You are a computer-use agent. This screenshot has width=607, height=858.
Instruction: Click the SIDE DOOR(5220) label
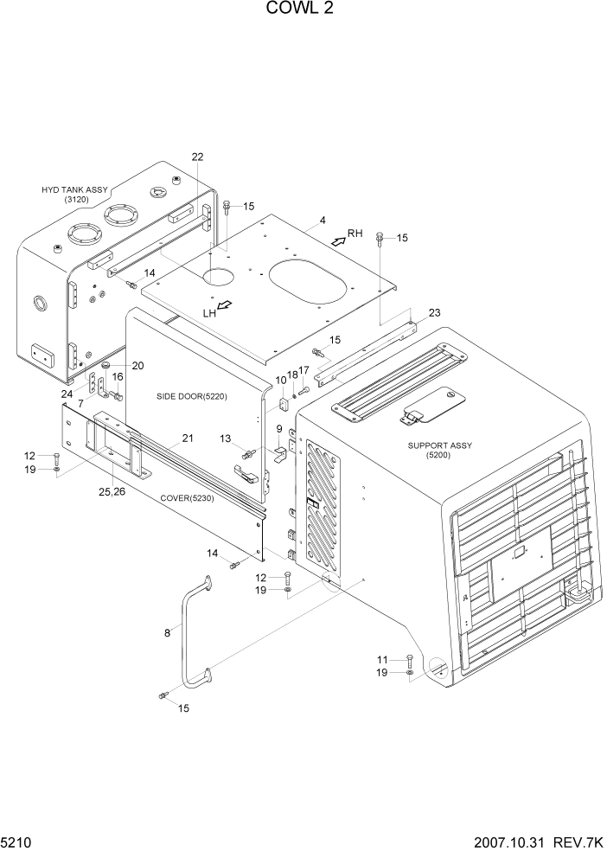(190, 396)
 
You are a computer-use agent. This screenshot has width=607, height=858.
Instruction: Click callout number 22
(197, 157)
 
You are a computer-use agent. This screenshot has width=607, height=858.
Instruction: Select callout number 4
(323, 221)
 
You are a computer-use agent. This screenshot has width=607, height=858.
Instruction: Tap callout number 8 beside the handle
(167, 633)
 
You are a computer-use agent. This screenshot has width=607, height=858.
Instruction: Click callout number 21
(187, 439)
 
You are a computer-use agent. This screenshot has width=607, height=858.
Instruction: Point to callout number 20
(137, 365)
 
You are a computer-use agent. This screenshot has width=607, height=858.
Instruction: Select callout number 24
(67, 394)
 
